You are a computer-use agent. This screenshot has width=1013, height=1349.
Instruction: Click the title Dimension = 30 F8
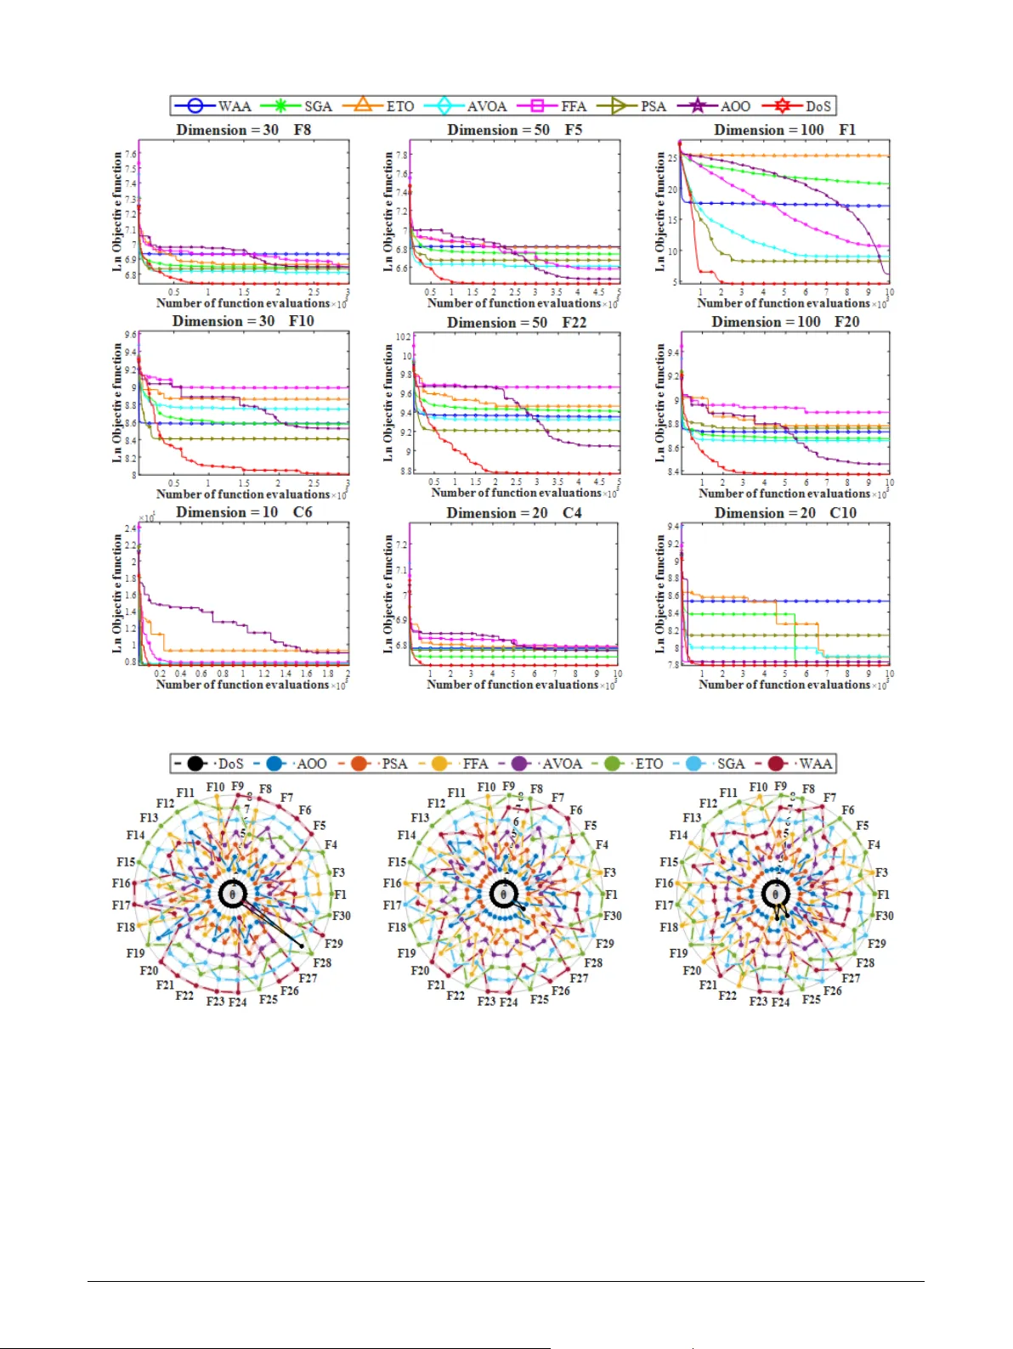pyautogui.click(x=243, y=130)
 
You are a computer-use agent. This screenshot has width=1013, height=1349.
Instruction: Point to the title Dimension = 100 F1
pyautogui.click(x=784, y=130)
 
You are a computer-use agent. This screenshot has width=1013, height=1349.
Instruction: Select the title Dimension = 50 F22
pyautogui.click(x=517, y=323)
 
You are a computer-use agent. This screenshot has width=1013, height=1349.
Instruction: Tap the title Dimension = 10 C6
pyautogui.click(x=243, y=512)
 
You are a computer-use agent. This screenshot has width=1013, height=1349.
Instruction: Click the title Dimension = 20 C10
pyautogui.click(x=784, y=513)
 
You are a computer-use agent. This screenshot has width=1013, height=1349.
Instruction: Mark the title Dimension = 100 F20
pyautogui.click(x=784, y=322)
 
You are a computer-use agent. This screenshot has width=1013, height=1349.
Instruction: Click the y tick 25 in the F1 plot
pyautogui.click(x=672, y=158)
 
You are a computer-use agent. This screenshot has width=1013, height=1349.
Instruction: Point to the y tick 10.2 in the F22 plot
pyautogui.click(x=403, y=337)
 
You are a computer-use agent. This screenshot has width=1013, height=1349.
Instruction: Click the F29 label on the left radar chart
pyautogui.click(x=334, y=944)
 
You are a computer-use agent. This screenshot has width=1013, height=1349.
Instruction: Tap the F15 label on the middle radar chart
pyautogui.click(x=397, y=862)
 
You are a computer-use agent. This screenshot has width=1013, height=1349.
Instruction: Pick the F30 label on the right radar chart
pyautogui.click(x=885, y=916)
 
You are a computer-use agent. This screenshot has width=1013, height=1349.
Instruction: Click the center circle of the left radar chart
pyautogui.click(x=232, y=894)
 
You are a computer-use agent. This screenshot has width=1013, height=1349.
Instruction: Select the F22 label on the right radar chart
pyautogui.click(x=727, y=995)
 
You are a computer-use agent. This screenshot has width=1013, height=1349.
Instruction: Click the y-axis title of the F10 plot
pyautogui.click(x=117, y=403)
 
